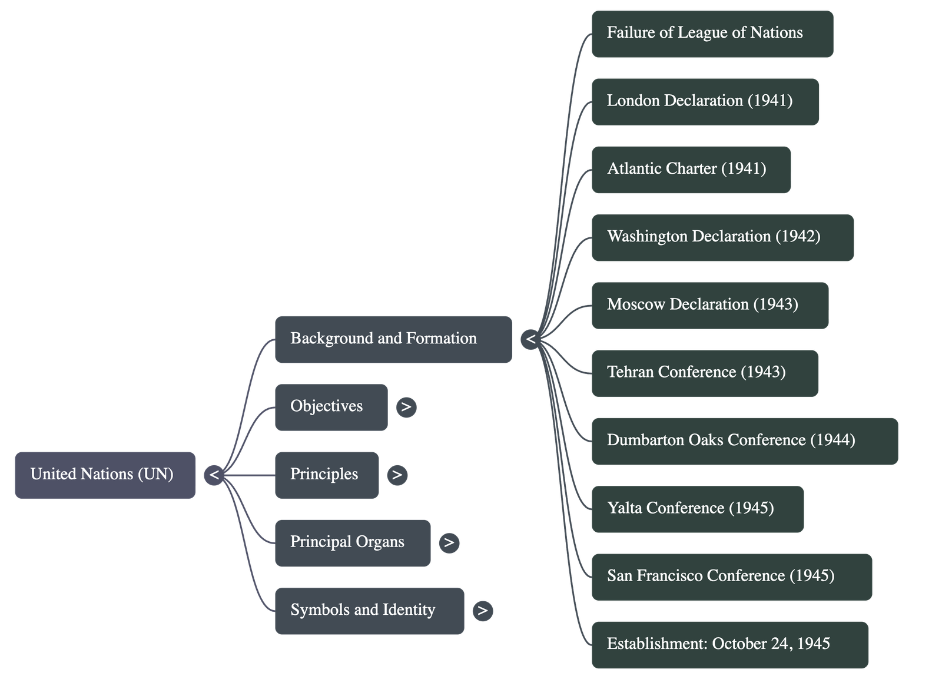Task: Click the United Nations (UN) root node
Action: (x=105, y=475)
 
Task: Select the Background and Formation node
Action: (x=393, y=339)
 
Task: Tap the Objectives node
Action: (x=331, y=407)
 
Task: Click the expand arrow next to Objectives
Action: (x=406, y=407)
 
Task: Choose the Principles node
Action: (x=326, y=475)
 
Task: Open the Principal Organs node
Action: (x=352, y=542)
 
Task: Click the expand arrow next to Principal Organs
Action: (x=449, y=542)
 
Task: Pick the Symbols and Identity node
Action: (x=369, y=611)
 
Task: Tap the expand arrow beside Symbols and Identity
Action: (x=483, y=611)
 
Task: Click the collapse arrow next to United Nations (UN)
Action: (x=214, y=475)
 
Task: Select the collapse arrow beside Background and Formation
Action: (x=530, y=339)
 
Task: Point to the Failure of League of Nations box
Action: (x=712, y=34)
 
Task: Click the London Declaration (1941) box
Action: (x=705, y=101)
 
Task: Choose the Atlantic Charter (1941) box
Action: (x=691, y=169)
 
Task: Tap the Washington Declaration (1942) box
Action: (x=722, y=237)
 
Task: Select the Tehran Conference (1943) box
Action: (x=704, y=373)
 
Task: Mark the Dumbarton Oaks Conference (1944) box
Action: (x=744, y=441)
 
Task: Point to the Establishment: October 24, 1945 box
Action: (x=729, y=644)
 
